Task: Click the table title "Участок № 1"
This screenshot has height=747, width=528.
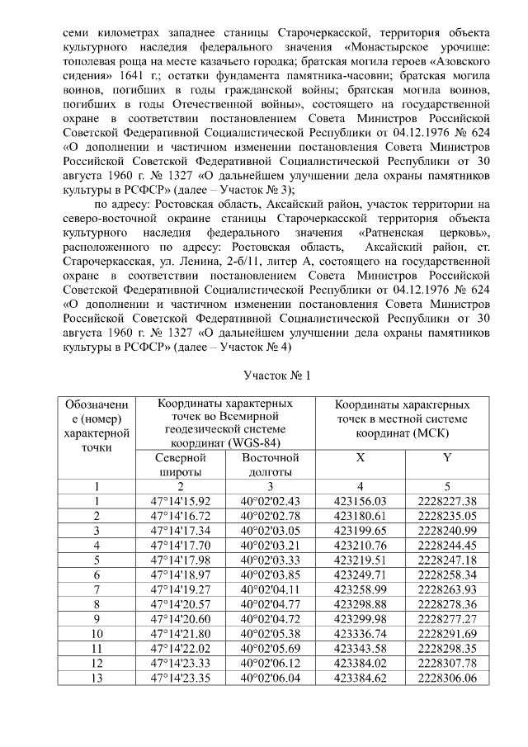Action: point(277,376)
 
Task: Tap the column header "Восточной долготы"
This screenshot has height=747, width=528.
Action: point(270,464)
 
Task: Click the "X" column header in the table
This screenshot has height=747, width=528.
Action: point(360,456)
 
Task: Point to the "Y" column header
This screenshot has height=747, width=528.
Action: point(446,456)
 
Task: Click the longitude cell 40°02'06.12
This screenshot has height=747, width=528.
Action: point(270,662)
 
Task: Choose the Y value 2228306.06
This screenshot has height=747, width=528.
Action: point(447,677)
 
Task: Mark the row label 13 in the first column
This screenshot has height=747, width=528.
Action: point(97,677)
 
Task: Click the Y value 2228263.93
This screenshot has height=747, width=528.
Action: point(447,589)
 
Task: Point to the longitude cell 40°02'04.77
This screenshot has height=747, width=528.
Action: point(270,603)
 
